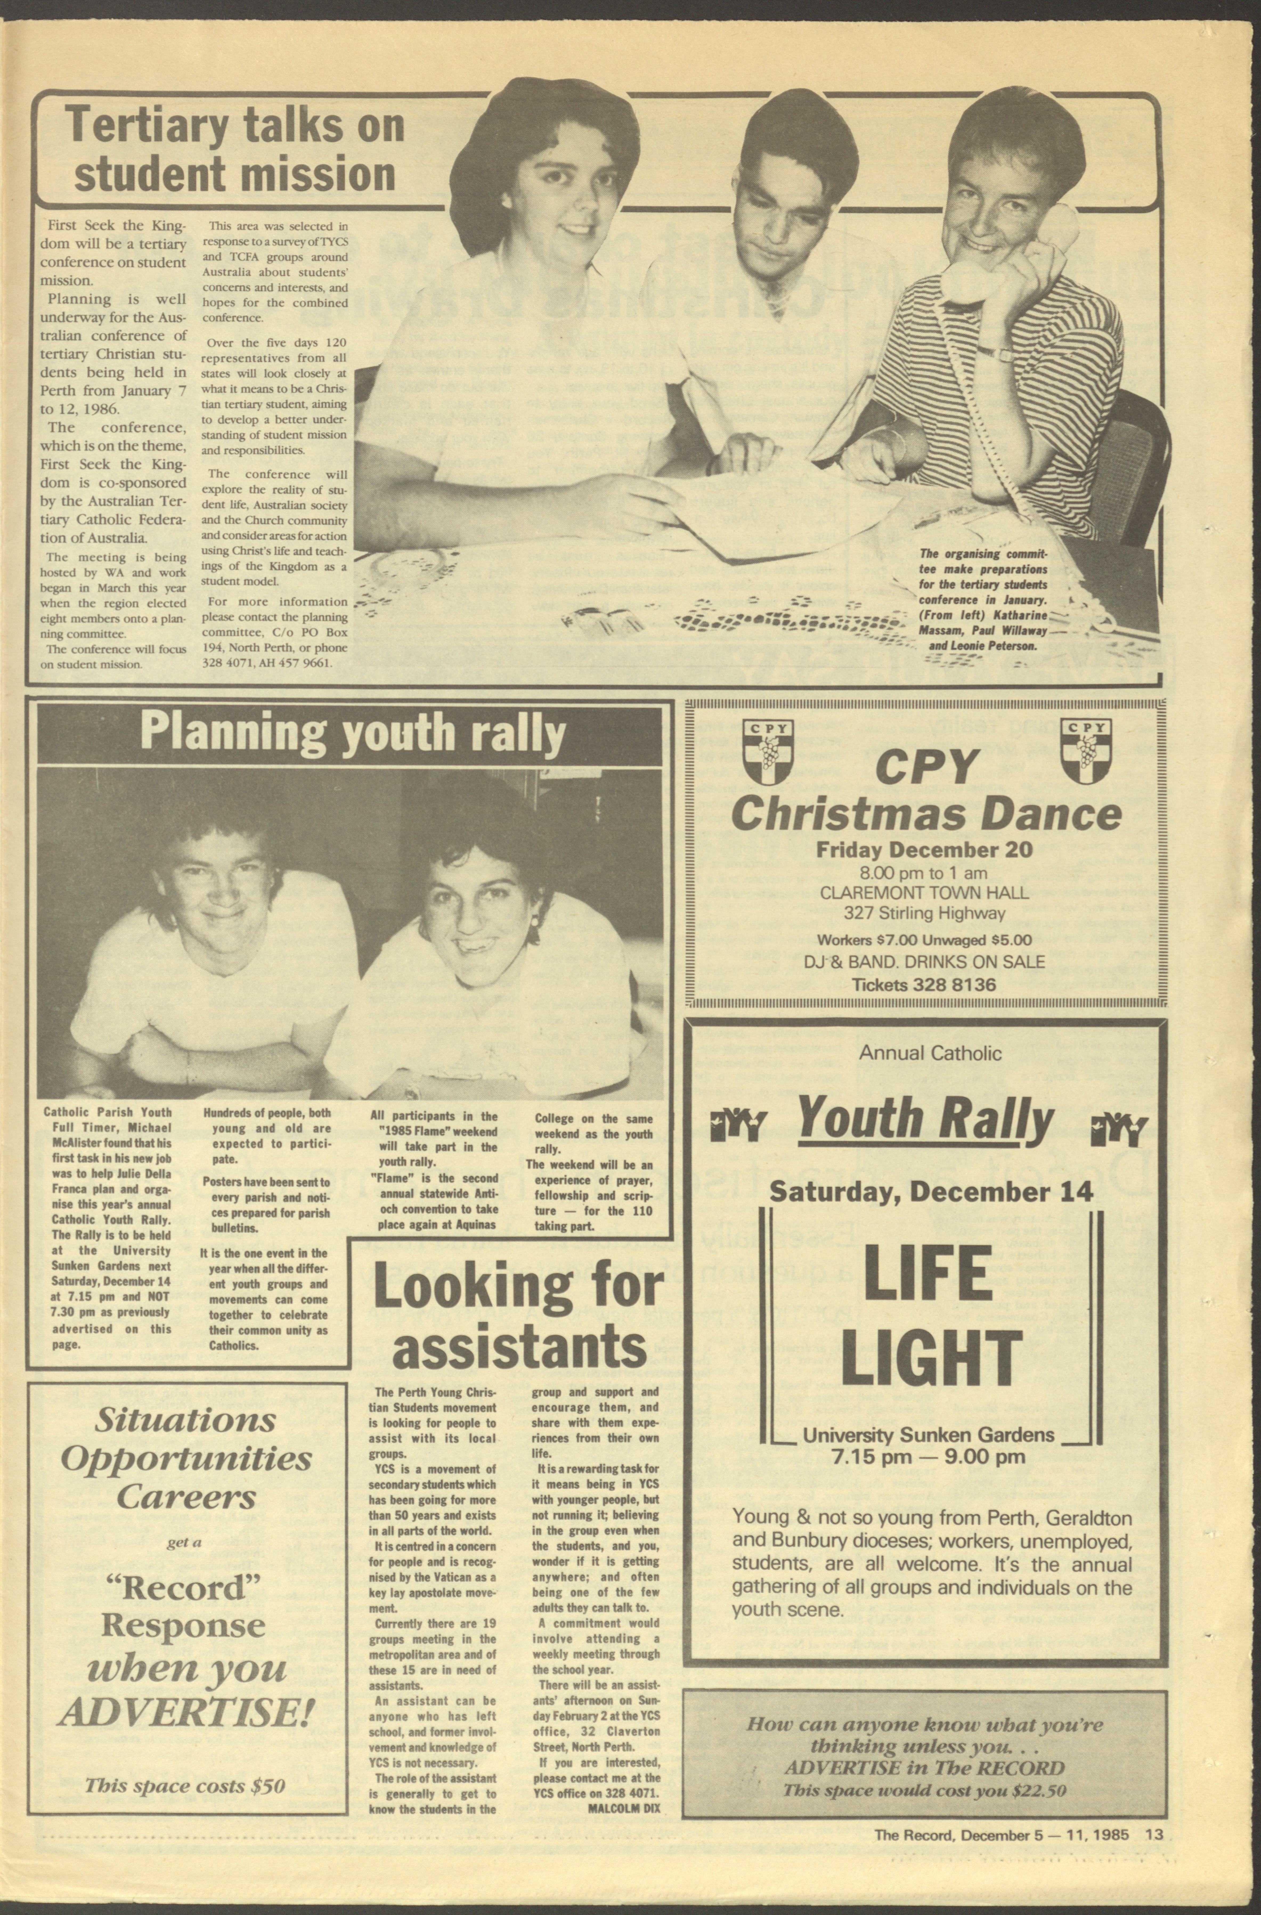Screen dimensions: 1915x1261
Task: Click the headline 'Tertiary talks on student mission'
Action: [235, 151]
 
